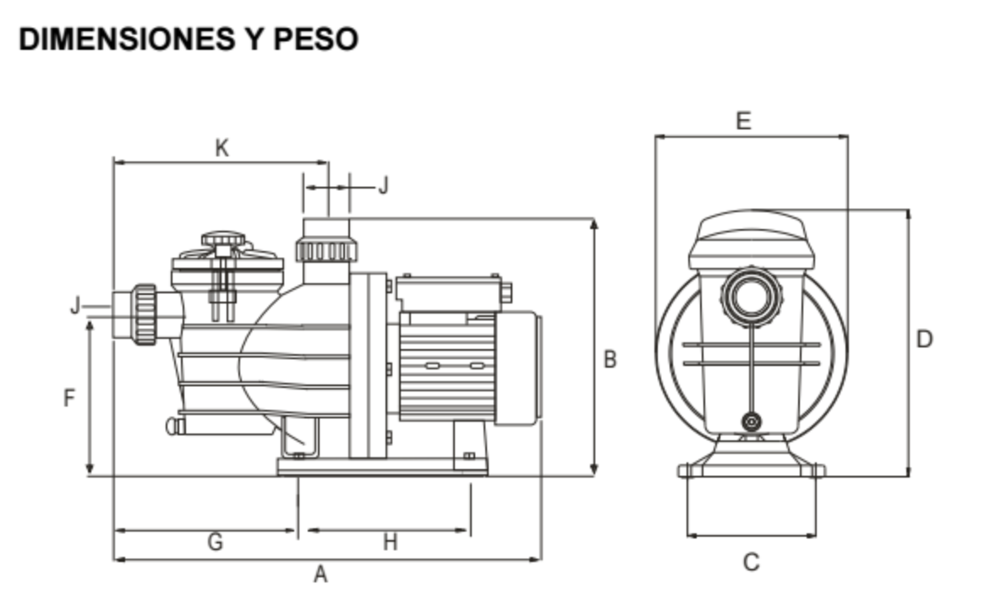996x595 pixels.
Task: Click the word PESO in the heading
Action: click(316, 39)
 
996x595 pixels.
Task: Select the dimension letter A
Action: click(320, 576)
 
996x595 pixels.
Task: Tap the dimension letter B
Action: click(610, 359)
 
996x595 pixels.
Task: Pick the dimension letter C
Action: click(751, 562)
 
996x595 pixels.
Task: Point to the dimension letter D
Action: click(925, 340)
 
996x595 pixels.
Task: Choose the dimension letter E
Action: click(743, 121)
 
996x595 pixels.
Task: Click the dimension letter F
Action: click(70, 397)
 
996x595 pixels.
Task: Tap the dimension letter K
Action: click(222, 149)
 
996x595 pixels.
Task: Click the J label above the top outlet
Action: click(383, 186)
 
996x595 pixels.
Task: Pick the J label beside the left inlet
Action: click(75, 305)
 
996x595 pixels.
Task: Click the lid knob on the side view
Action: click(223, 240)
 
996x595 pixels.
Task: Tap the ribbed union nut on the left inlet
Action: click(144, 314)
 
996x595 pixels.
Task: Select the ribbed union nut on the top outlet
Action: click(326, 250)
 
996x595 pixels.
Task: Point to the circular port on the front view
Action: click(751, 297)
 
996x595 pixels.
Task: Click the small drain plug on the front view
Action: click(751, 422)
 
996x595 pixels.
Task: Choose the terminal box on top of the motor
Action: click(448, 293)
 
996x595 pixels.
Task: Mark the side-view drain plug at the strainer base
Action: click(174, 425)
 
